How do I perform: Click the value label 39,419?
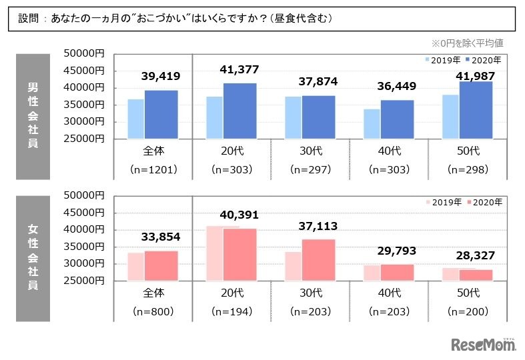[x=161, y=77]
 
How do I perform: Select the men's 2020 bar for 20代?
[x=239, y=111]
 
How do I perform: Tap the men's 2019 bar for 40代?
[x=372, y=124]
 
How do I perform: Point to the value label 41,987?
[x=475, y=69]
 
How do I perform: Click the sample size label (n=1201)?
[x=153, y=169]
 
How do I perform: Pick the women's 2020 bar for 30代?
[x=318, y=260]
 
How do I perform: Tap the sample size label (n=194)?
[x=231, y=311]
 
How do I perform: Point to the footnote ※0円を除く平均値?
[x=467, y=43]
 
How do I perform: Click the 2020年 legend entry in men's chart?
[x=484, y=60]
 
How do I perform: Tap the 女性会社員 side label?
[x=33, y=257]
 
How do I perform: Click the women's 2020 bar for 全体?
[x=161, y=265]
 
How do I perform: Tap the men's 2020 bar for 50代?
[x=475, y=110]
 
